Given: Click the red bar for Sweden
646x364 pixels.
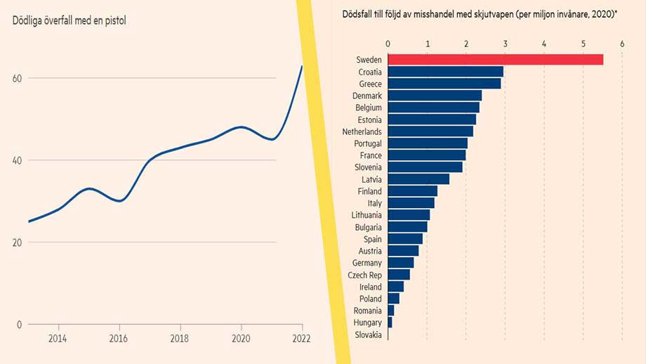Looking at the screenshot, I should point(495,60).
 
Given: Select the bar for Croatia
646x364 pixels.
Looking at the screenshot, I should point(445,72).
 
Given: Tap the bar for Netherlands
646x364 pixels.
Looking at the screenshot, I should point(430,131).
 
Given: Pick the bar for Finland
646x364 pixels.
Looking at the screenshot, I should point(412,191).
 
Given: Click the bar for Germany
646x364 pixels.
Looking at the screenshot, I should point(400,263).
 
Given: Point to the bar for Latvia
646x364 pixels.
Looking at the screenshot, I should point(418,179).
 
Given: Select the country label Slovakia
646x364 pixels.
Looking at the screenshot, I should point(369,334).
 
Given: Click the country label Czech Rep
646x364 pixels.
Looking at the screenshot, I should point(365,275).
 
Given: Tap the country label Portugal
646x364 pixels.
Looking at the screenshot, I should point(368,143).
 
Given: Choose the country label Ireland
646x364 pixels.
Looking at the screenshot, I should point(371,287).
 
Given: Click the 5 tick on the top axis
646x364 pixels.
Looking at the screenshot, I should point(583,44).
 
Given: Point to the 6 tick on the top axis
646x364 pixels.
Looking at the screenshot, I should point(622,44).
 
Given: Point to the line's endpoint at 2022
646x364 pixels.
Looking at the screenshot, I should point(302,66).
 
